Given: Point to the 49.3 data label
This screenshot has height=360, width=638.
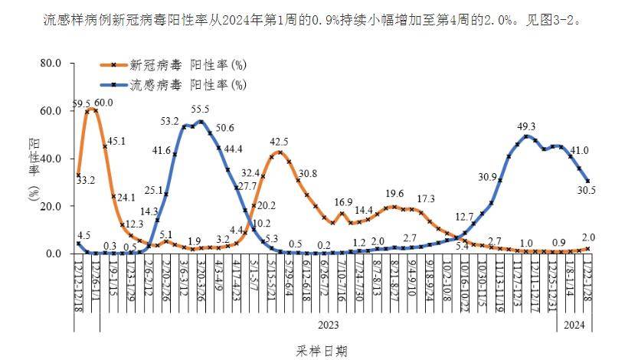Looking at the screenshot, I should [527, 126].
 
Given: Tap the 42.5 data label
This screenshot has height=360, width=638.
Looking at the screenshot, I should [279, 142].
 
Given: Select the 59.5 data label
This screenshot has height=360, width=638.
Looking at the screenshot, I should [82, 103].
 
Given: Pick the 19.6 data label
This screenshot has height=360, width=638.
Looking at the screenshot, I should [394, 194].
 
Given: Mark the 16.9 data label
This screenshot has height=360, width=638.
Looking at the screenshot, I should [342, 202].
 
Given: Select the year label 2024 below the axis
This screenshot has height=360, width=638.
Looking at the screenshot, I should [574, 325].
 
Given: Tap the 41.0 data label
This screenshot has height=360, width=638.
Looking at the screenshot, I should [579, 151].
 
